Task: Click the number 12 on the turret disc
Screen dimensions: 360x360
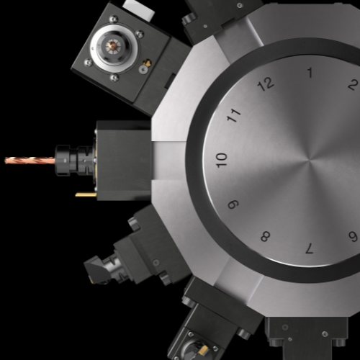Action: (x=266, y=84)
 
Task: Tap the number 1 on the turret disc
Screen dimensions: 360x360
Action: (x=310, y=73)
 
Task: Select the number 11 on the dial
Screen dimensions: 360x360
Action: (x=234, y=115)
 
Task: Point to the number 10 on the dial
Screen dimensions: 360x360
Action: (x=221, y=160)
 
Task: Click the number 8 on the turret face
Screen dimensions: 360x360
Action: (x=266, y=236)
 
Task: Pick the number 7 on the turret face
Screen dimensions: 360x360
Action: (x=310, y=248)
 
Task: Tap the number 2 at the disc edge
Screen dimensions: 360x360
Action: (x=353, y=84)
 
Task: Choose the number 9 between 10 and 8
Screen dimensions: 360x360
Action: (x=233, y=204)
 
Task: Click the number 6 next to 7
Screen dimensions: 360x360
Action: (x=353, y=236)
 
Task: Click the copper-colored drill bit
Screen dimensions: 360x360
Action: (x=30, y=161)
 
